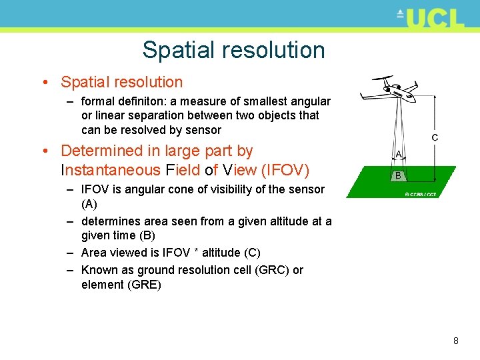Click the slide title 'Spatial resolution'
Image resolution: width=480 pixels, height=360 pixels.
pyautogui.click(x=233, y=50)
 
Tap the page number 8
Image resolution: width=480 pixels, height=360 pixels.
pyautogui.click(x=456, y=341)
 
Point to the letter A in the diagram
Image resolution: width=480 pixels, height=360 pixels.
pyautogui.click(x=399, y=154)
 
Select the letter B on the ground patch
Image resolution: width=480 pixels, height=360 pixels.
pyautogui.click(x=397, y=176)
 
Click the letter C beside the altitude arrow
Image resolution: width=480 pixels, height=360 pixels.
pyautogui.click(x=435, y=137)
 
